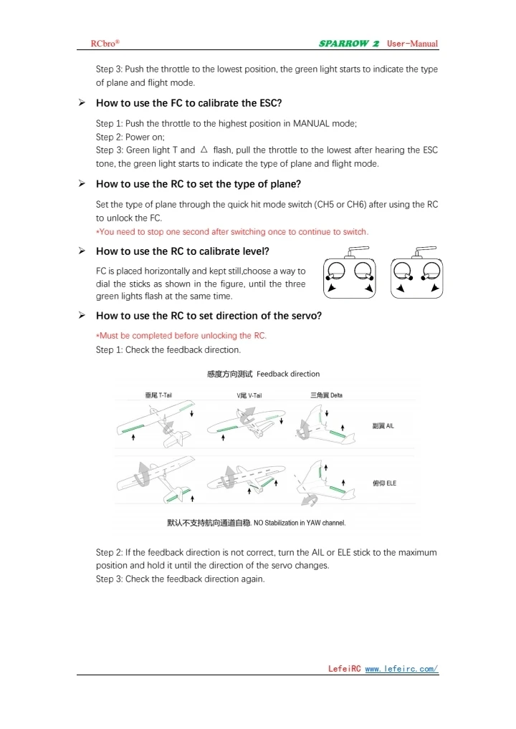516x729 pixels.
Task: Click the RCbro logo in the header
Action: coord(105,44)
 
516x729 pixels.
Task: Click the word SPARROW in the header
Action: coord(344,44)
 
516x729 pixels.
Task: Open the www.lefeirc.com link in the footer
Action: coord(401,669)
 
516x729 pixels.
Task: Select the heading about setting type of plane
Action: coord(198,184)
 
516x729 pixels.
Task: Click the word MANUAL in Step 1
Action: coord(310,123)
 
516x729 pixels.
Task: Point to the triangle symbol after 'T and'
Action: coord(204,150)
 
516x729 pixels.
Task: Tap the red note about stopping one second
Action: coord(232,231)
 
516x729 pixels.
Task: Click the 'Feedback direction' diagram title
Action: coord(263,374)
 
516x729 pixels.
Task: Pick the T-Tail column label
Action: coord(158,395)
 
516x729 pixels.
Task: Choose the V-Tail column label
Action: coord(249,395)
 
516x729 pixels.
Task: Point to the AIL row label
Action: coord(383,426)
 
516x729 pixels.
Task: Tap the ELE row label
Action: coord(384,483)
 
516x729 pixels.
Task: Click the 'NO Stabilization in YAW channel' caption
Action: coord(256,523)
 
